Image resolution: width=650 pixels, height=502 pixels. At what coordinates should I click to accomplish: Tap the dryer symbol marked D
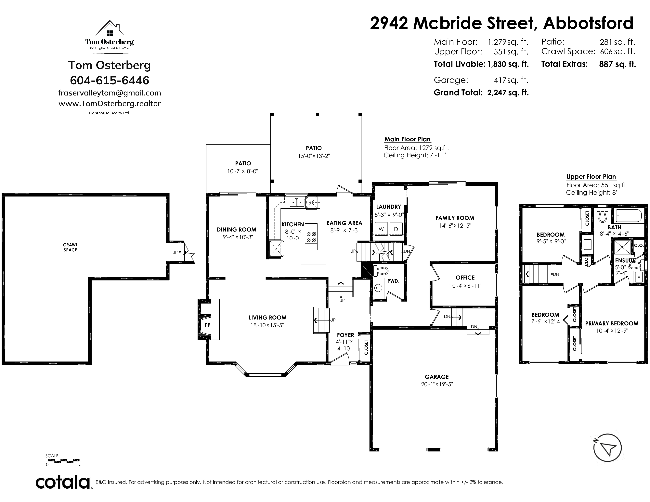tap(396, 229)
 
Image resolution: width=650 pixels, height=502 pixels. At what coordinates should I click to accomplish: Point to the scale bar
tap(64, 461)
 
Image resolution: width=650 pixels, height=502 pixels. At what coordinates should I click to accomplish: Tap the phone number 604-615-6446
tap(110, 80)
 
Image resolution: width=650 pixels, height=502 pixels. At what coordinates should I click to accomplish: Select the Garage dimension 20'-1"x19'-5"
tap(437, 384)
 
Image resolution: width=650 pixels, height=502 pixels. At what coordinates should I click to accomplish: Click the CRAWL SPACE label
tap(70, 247)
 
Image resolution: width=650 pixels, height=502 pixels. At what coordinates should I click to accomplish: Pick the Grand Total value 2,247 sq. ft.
tap(508, 93)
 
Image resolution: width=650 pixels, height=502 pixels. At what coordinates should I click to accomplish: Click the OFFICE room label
tap(465, 277)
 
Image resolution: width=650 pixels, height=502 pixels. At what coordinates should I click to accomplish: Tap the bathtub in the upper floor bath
tap(628, 216)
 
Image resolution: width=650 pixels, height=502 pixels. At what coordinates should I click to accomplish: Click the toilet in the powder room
tap(381, 271)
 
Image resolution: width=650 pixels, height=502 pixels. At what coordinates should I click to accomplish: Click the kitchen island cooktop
tap(311, 237)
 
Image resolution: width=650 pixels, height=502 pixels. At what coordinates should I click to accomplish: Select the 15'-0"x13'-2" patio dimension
tap(314, 156)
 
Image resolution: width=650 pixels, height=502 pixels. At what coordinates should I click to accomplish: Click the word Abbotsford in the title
tap(588, 23)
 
